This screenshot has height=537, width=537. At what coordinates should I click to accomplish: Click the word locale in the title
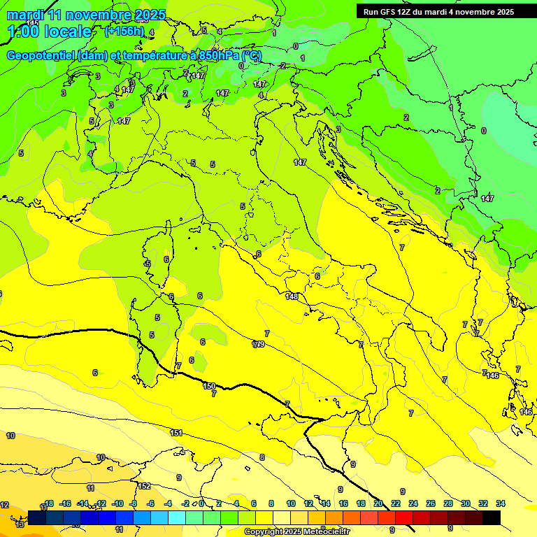(x=67, y=31)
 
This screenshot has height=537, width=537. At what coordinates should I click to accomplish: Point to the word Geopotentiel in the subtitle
(x=41, y=55)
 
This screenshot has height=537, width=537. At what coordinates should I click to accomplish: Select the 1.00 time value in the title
(x=23, y=31)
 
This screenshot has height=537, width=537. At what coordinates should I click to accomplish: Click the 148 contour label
(x=292, y=296)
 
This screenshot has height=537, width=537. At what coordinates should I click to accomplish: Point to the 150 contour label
(x=209, y=386)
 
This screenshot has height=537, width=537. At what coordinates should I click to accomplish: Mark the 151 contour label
(x=176, y=433)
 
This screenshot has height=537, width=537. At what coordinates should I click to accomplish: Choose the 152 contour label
(x=144, y=486)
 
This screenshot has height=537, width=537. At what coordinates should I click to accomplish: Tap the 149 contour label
(x=259, y=344)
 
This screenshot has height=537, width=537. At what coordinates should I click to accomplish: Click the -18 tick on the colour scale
(x=48, y=503)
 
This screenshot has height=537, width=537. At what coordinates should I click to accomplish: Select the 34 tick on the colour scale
(x=501, y=503)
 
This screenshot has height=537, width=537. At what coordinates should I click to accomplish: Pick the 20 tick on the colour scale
(x=378, y=503)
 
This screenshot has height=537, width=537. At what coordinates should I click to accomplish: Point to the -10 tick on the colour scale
(x=117, y=503)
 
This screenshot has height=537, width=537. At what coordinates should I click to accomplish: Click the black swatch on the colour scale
(x=492, y=517)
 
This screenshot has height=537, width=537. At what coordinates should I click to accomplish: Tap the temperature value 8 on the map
(x=262, y=457)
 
